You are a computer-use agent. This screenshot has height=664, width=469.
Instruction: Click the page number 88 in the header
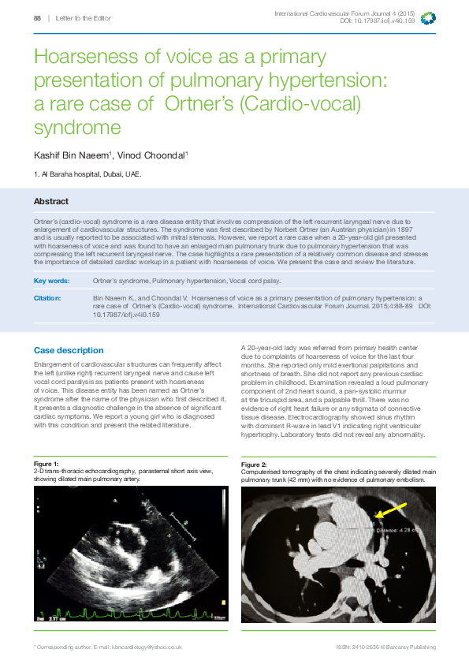pyautogui.click(x=38, y=17)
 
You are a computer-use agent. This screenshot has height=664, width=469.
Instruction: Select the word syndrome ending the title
pyautogui.click(x=77, y=127)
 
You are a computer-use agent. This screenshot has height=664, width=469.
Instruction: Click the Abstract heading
pyautogui.click(x=50, y=202)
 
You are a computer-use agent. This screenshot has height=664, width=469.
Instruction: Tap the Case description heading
pyautogui.click(x=68, y=350)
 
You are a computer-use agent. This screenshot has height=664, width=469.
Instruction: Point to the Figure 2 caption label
pyautogui.click(x=254, y=464)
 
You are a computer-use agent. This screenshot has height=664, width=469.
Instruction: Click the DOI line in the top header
pyautogui.click(x=377, y=21)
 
